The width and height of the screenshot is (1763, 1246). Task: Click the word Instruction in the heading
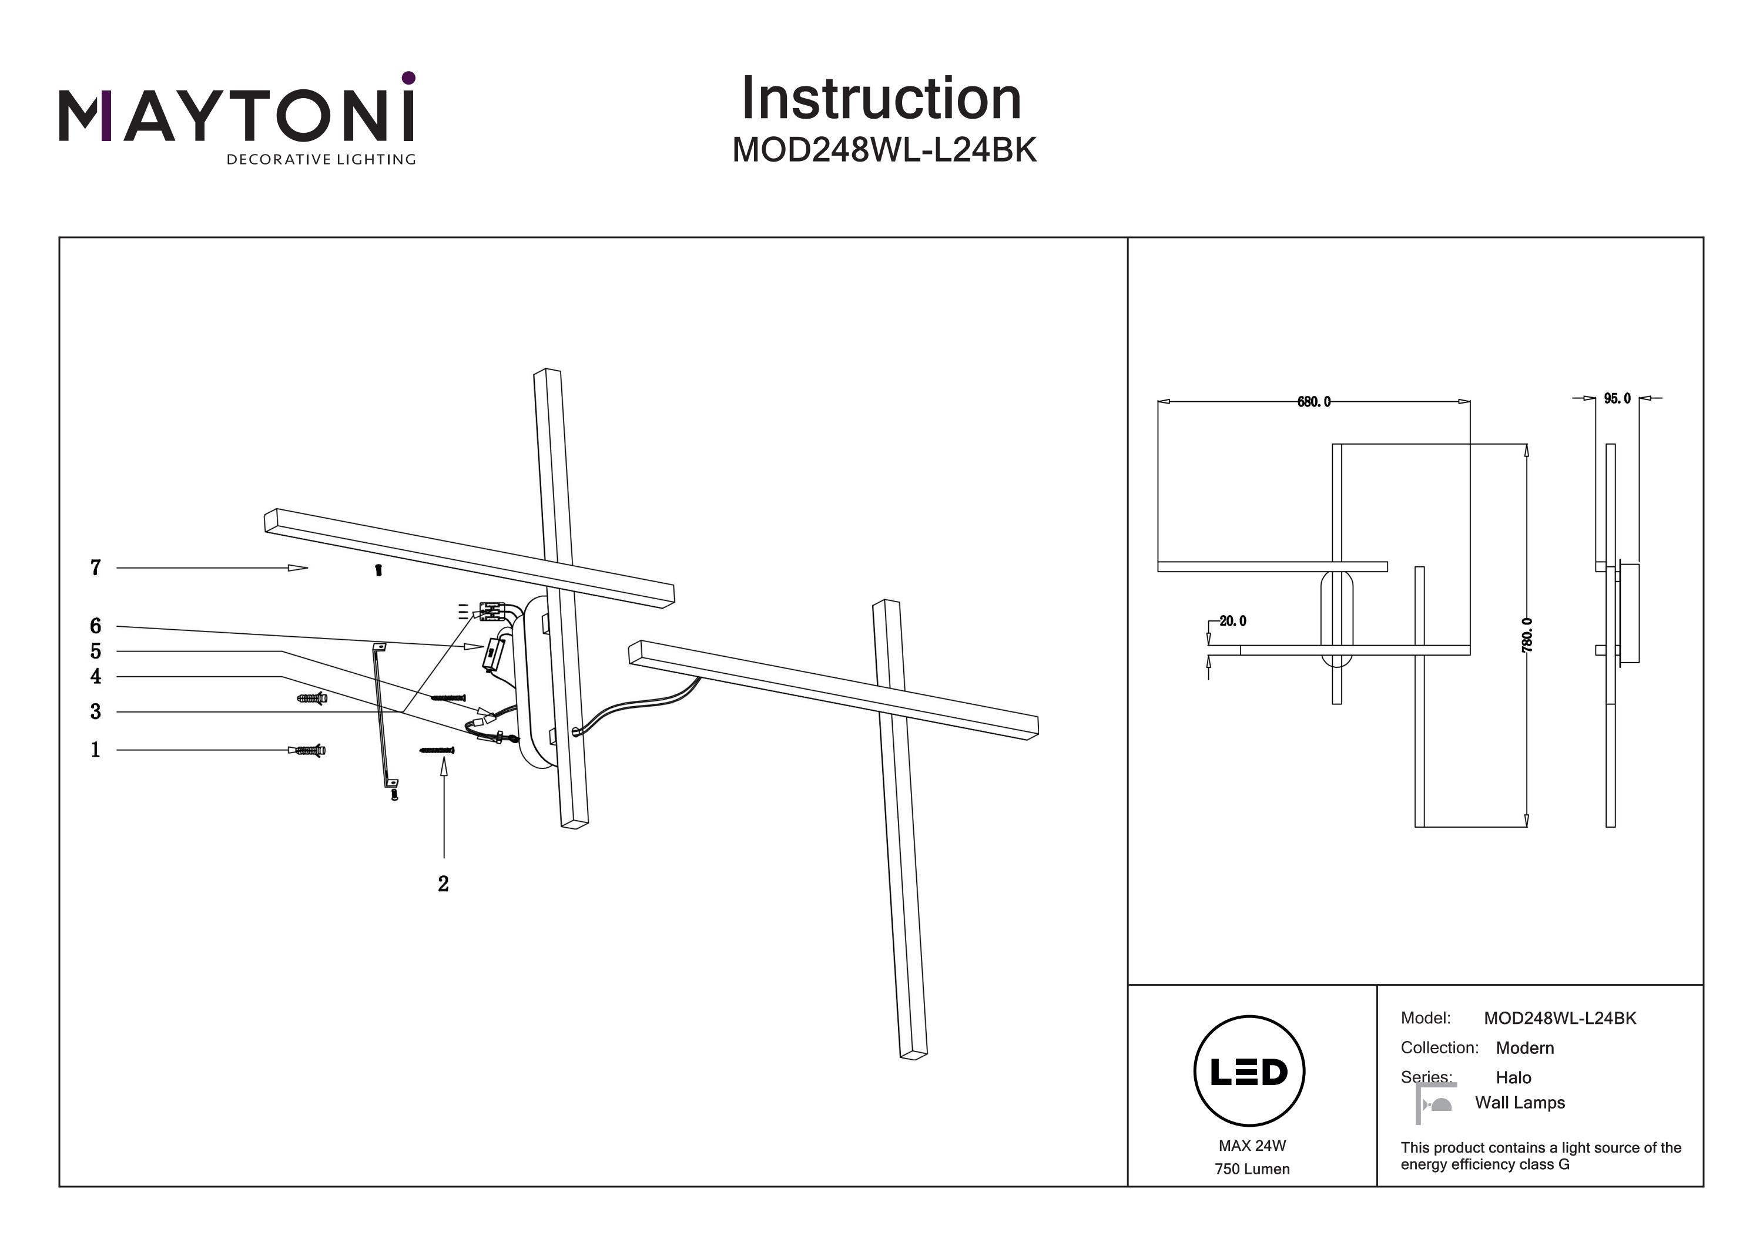tap(881, 99)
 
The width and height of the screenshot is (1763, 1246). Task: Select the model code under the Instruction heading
tap(884, 150)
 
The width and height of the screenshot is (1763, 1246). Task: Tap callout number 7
tap(95, 567)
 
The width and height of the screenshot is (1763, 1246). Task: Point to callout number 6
tap(95, 626)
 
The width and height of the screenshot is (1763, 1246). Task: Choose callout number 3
tap(95, 711)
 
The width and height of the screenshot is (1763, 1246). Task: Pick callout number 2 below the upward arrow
tap(443, 884)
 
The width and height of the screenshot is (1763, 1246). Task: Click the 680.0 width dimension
tap(1314, 401)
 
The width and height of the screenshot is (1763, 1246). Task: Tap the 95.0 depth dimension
tap(1617, 398)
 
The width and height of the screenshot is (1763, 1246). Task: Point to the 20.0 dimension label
tap(1232, 620)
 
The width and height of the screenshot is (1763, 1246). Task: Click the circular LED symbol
tap(1249, 1071)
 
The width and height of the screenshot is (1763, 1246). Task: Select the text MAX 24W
tap(1252, 1146)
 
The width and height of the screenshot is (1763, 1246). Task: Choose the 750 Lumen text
tap(1252, 1169)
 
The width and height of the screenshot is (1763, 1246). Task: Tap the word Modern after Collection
tap(1525, 1048)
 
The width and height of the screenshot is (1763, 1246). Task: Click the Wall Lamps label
tap(1520, 1103)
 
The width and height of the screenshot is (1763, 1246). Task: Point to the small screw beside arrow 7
tap(378, 570)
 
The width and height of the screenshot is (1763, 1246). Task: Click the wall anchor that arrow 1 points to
tap(309, 750)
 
